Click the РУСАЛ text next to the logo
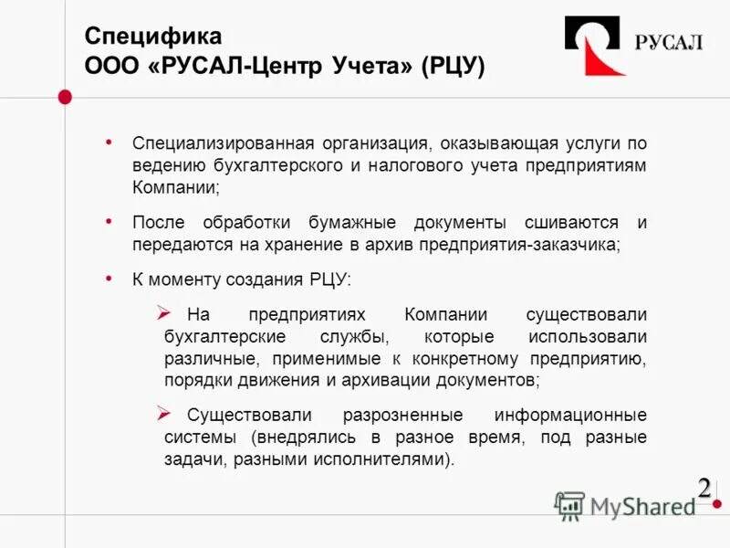[669, 43]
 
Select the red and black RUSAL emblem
[595, 46]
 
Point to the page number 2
[704, 488]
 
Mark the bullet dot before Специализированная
[109, 142]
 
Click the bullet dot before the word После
[109, 222]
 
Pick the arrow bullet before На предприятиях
[163, 312]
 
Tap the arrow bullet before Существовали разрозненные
[163, 413]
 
